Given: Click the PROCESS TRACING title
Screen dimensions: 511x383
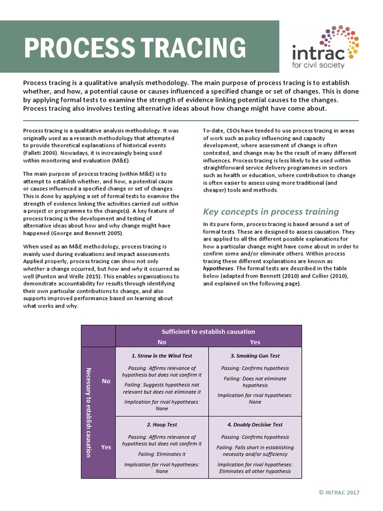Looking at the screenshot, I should [x=135, y=48].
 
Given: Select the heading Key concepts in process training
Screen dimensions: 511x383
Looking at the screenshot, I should [x=271, y=211].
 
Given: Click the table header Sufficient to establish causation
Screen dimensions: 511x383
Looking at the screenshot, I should [x=208, y=331].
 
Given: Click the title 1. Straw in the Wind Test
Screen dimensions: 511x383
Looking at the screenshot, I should [x=162, y=356].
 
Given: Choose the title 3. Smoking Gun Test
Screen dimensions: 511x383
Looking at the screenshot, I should [x=255, y=356].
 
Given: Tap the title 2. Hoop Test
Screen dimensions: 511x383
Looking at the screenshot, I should [x=162, y=425].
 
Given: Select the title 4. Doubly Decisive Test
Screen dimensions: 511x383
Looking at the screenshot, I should [x=255, y=425].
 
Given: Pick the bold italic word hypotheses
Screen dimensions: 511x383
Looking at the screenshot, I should [x=217, y=268].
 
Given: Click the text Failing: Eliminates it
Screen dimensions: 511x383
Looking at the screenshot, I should [x=162, y=454].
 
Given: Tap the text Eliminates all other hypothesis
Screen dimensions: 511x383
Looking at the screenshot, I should [x=255, y=471].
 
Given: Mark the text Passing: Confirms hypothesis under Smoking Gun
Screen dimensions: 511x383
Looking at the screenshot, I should [x=255, y=368].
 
